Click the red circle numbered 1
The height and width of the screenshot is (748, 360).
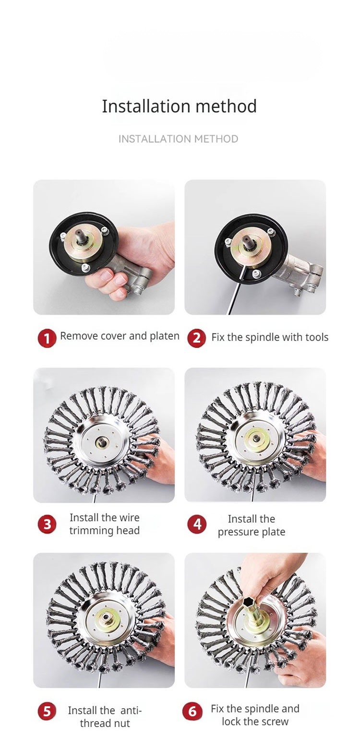tap(47, 338)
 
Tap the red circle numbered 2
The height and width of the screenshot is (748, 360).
tap(197, 338)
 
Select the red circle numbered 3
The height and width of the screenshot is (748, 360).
tap(47, 524)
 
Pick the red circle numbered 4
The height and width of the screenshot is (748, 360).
tap(197, 524)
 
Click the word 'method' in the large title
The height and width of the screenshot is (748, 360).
tap(226, 106)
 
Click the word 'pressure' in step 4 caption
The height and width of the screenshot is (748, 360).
tap(234, 532)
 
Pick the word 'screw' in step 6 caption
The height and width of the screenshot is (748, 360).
tap(276, 721)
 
